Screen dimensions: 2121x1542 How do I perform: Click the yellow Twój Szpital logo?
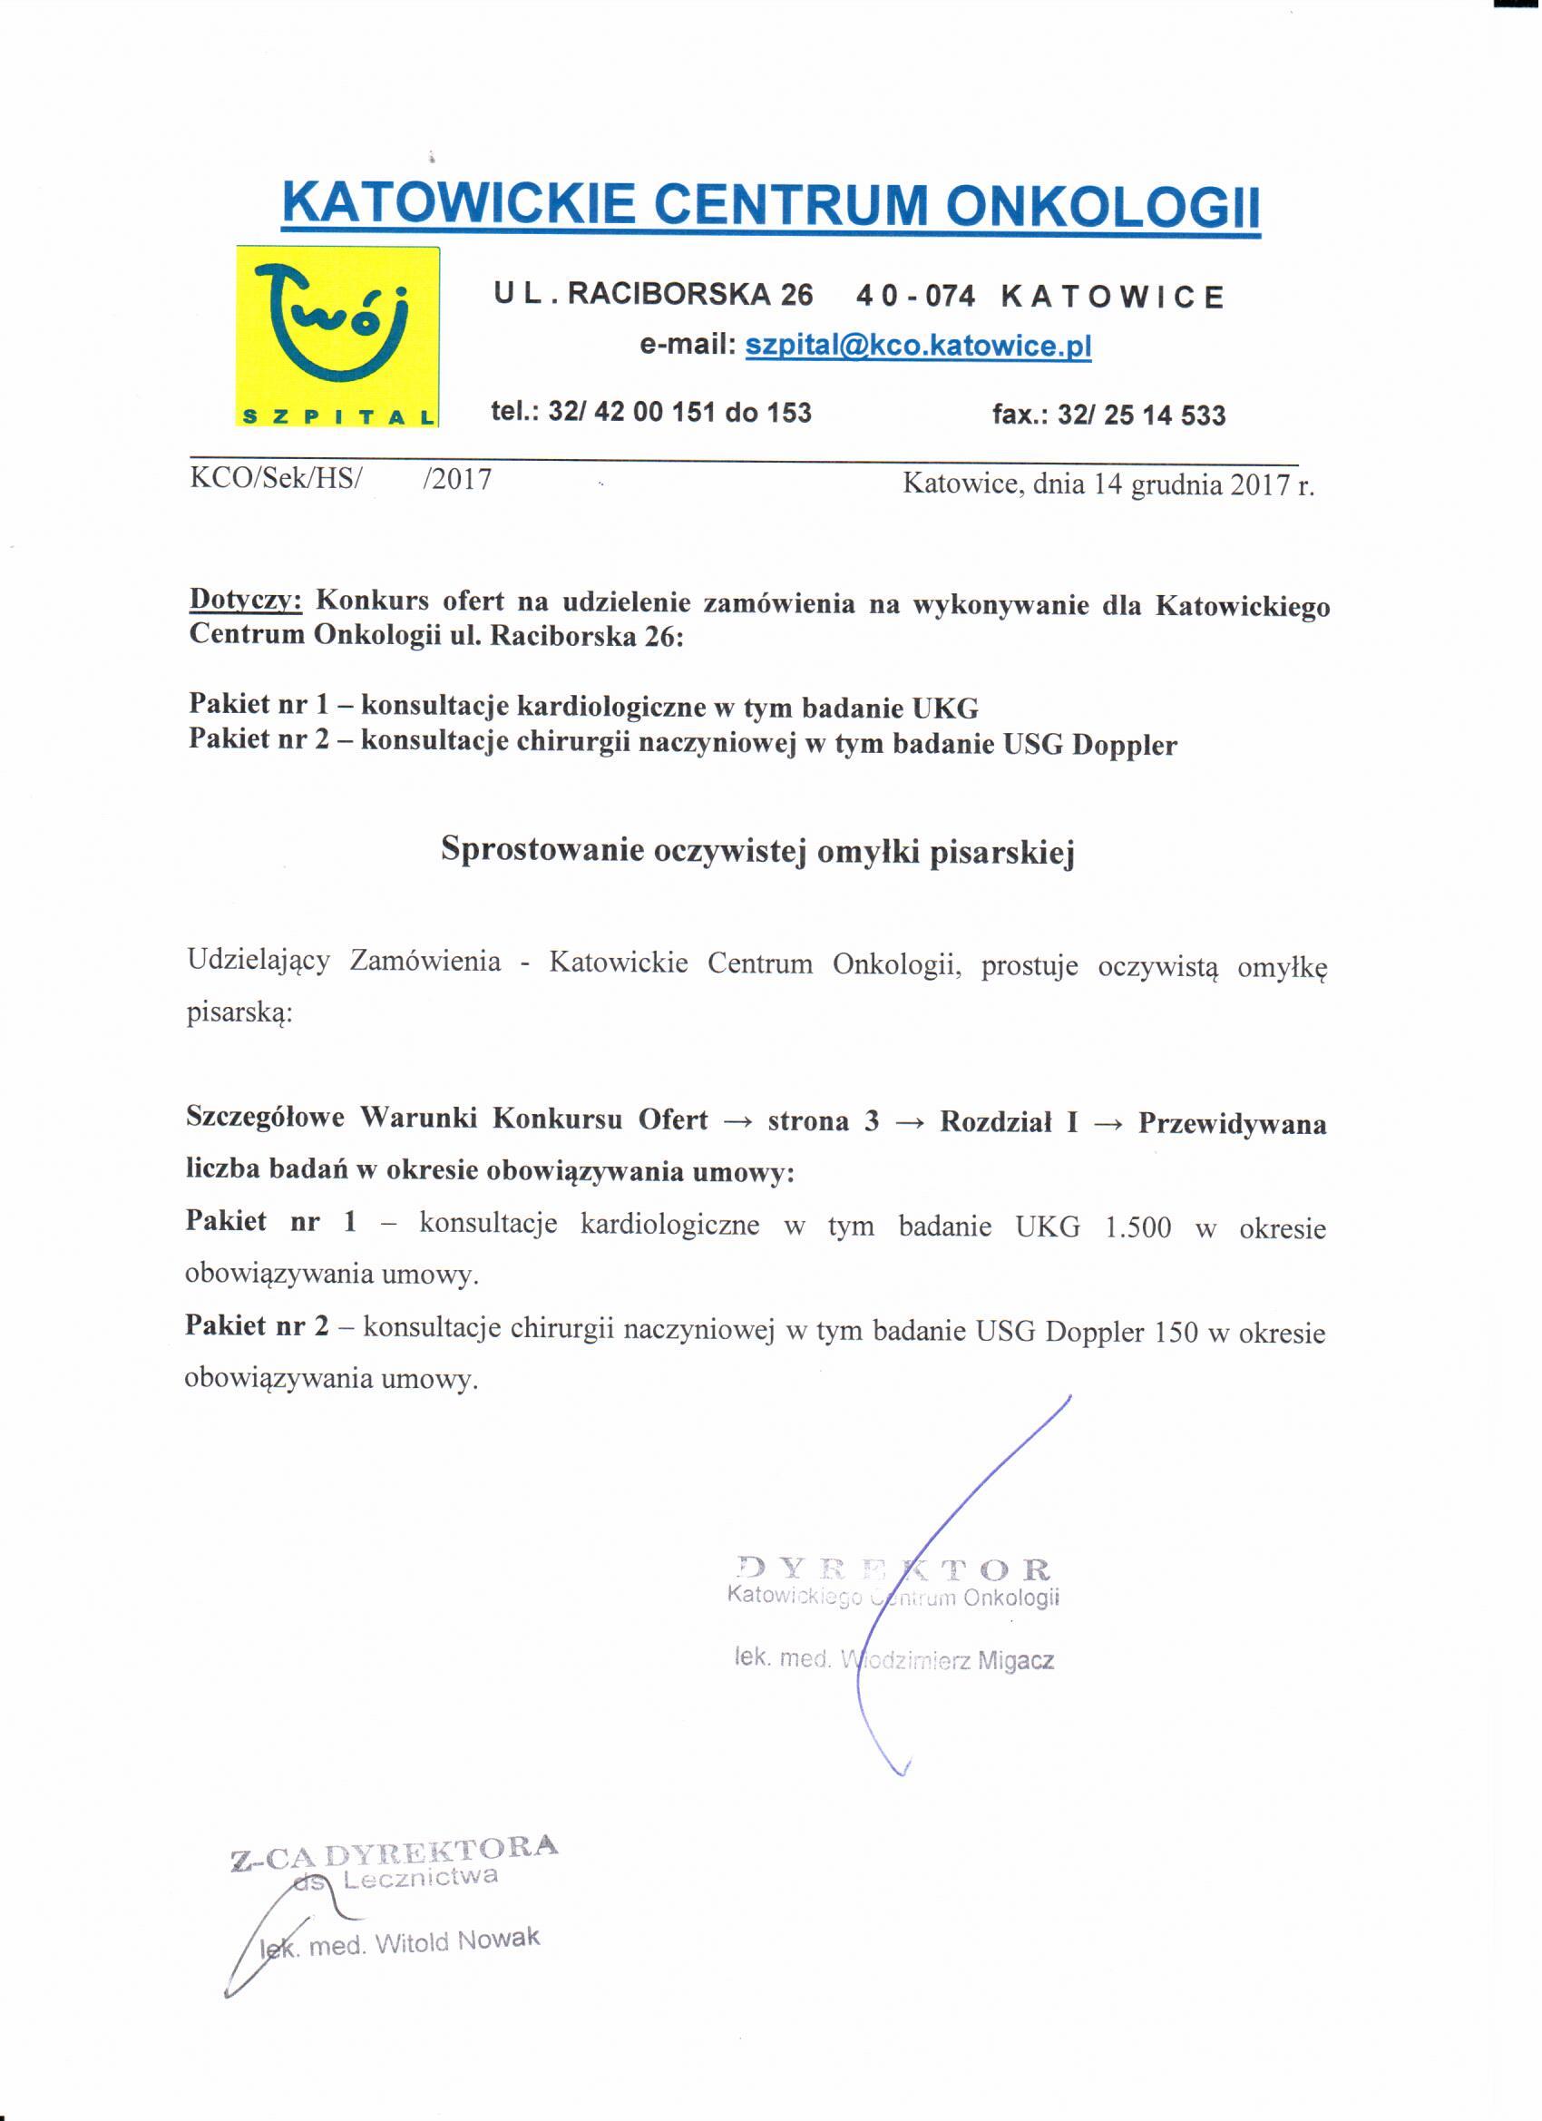click(337, 337)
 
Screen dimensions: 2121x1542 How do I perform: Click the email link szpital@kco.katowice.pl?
click(917, 346)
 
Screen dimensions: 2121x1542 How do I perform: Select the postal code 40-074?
click(916, 297)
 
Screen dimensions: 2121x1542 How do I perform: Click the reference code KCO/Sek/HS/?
click(276, 480)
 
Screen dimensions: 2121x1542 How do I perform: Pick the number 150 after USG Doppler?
click(1176, 1332)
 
